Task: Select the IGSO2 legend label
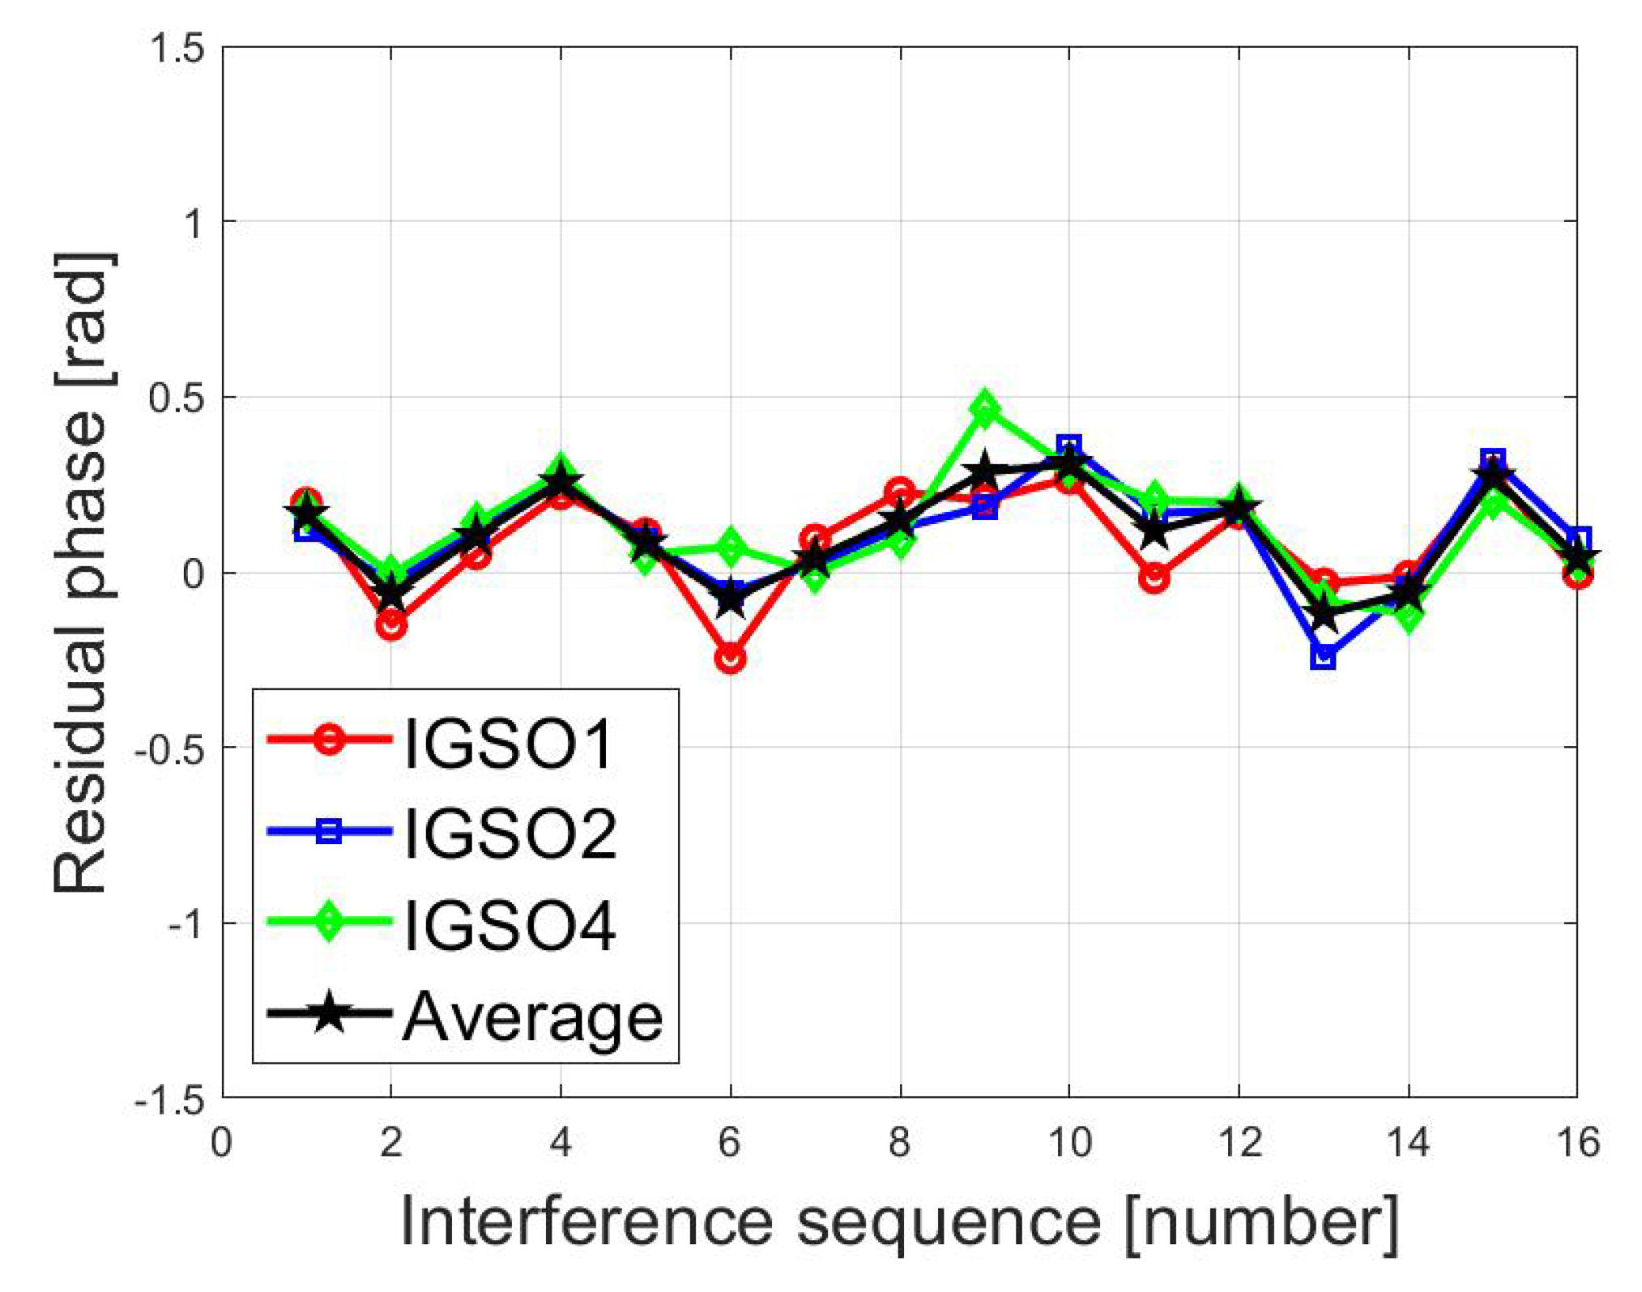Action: (509, 833)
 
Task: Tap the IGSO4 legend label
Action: (509, 924)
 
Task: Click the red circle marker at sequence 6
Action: (730, 659)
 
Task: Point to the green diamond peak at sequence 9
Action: (984, 408)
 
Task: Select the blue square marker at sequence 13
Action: (1323, 656)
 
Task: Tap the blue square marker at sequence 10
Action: (1069, 446)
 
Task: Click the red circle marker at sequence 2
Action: (391, 625)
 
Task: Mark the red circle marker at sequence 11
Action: (1154, 578)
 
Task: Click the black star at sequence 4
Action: (561, 483)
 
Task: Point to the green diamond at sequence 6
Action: (730, 548)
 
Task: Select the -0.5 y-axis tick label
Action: (169, 749)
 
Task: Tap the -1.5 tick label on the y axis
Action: (169, 1100)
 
